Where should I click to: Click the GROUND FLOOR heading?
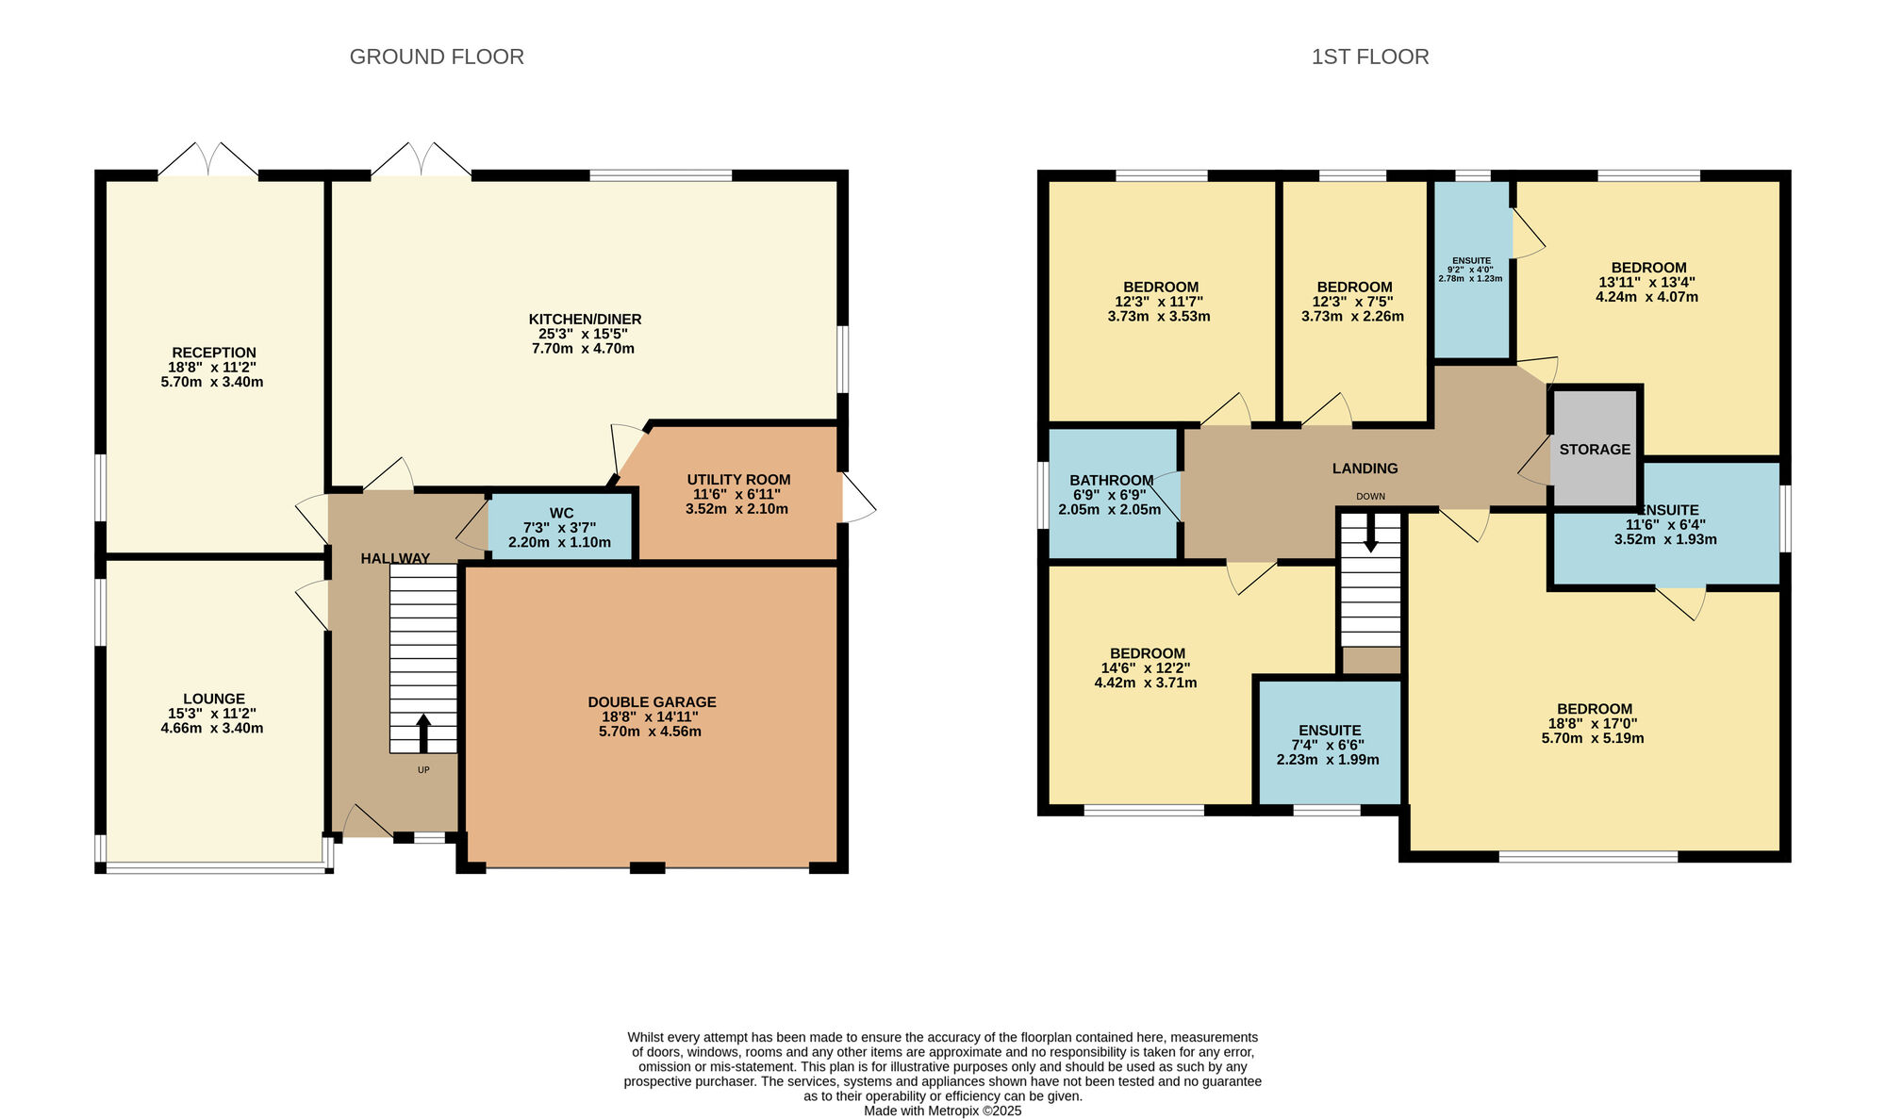point(437,57)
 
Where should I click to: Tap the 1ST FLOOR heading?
point(1370,57)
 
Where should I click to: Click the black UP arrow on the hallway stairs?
point(423,733)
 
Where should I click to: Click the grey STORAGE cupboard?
point(1595,448)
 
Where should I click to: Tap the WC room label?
point(561,514)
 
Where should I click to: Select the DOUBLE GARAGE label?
point(652,702)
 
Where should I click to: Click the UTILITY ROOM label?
point(738,480)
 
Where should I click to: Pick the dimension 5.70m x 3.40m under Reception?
point(212,383)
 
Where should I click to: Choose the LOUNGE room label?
point(214,699)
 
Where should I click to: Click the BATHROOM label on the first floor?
point(1112,481)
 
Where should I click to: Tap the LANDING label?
point(1365,469)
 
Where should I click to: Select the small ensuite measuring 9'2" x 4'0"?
point(1472,270)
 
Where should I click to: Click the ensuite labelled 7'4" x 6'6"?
point(1330,743)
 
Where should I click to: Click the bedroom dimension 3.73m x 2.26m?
point(1352,317)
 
